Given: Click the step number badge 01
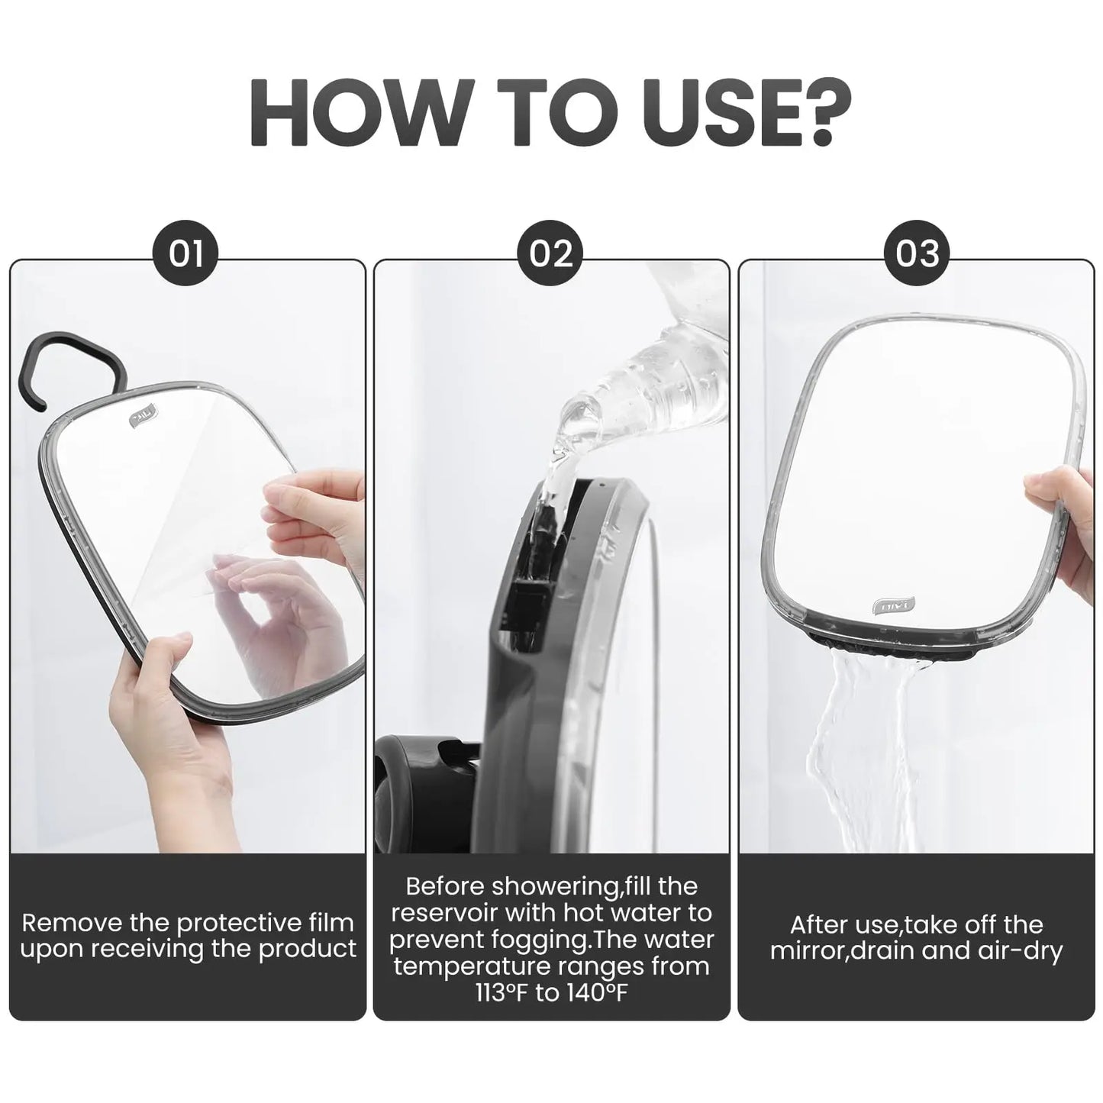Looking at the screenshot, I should point(185,253).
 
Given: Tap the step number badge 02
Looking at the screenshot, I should point(551,253).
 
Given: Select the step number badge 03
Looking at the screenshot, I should point(917,253).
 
